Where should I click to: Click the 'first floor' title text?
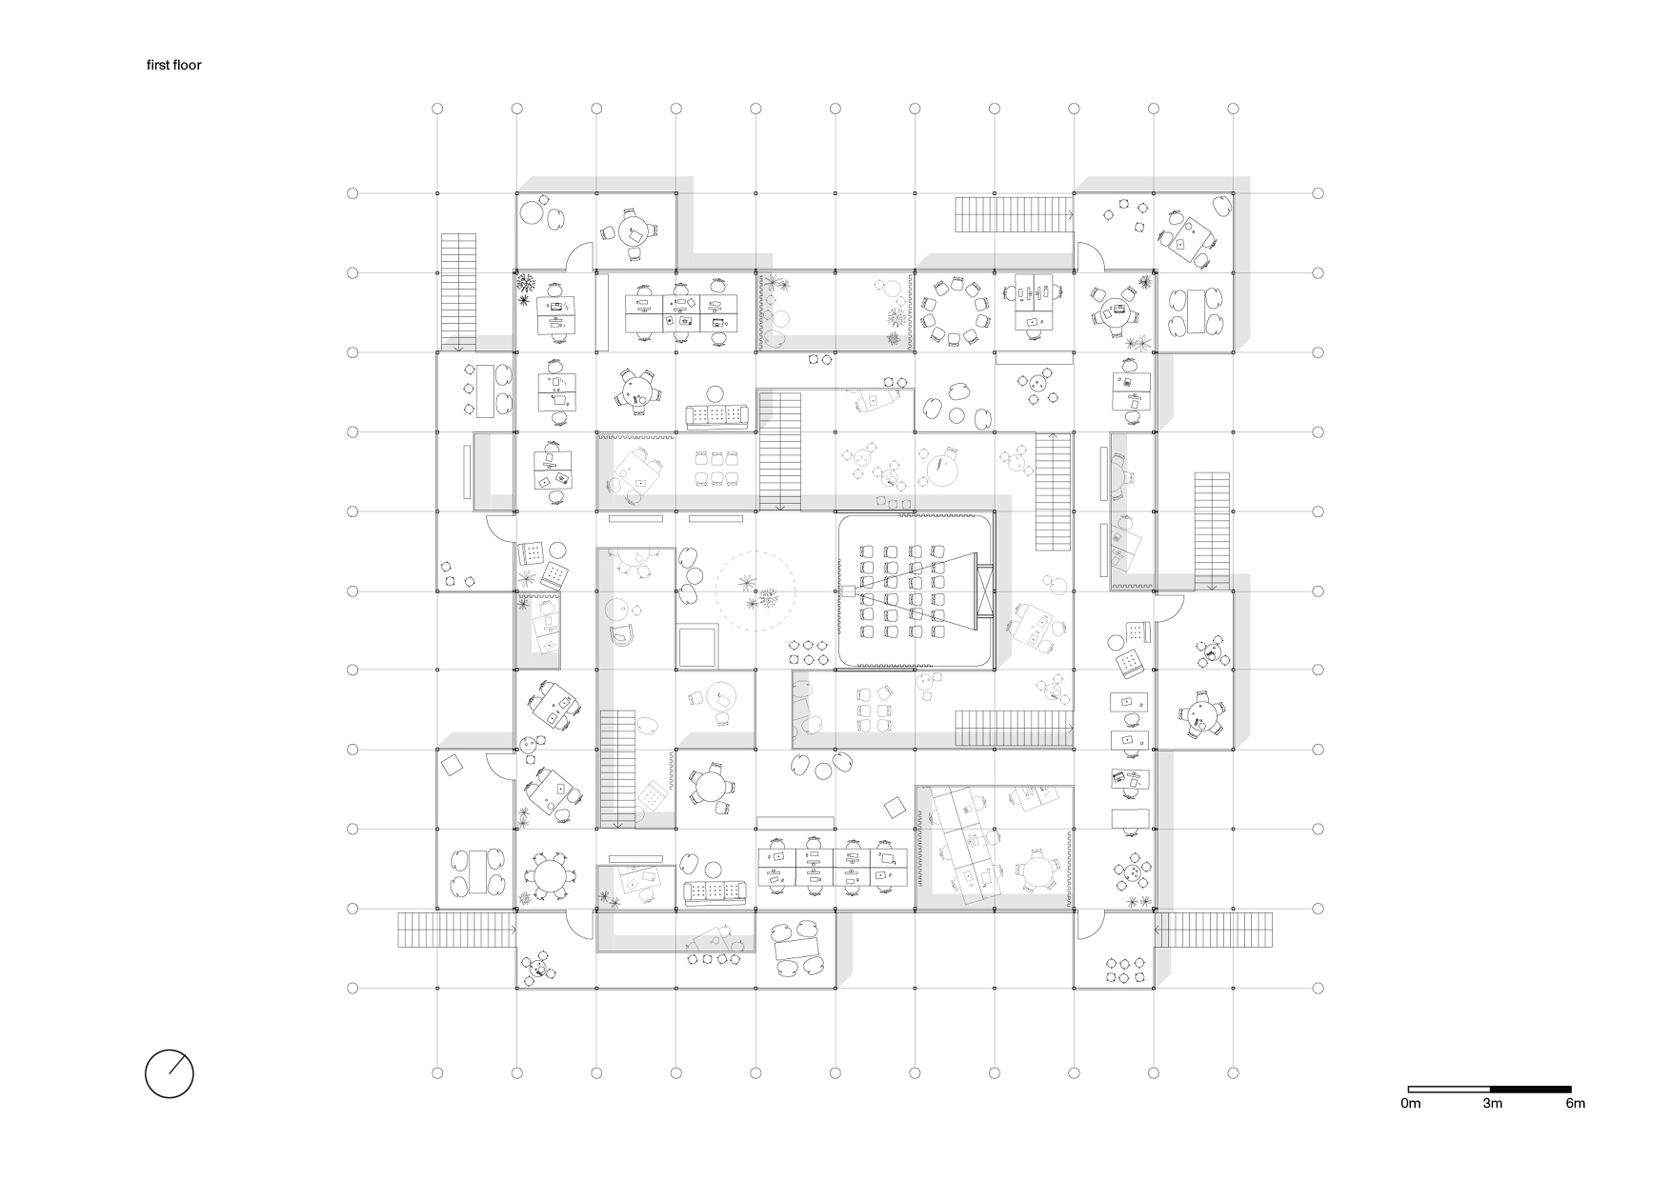[173, 66]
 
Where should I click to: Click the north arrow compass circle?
[170, 1074]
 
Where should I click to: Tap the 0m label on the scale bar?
[1411, 1104]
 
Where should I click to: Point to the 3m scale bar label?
[1492, 1104]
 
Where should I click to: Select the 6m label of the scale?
[1576, 1104]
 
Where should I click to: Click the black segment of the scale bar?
[1531, 1089]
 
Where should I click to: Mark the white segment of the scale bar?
[1449, 1089]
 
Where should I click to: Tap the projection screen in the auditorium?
[984, 591]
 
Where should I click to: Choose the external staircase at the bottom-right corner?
[1214, 930]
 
